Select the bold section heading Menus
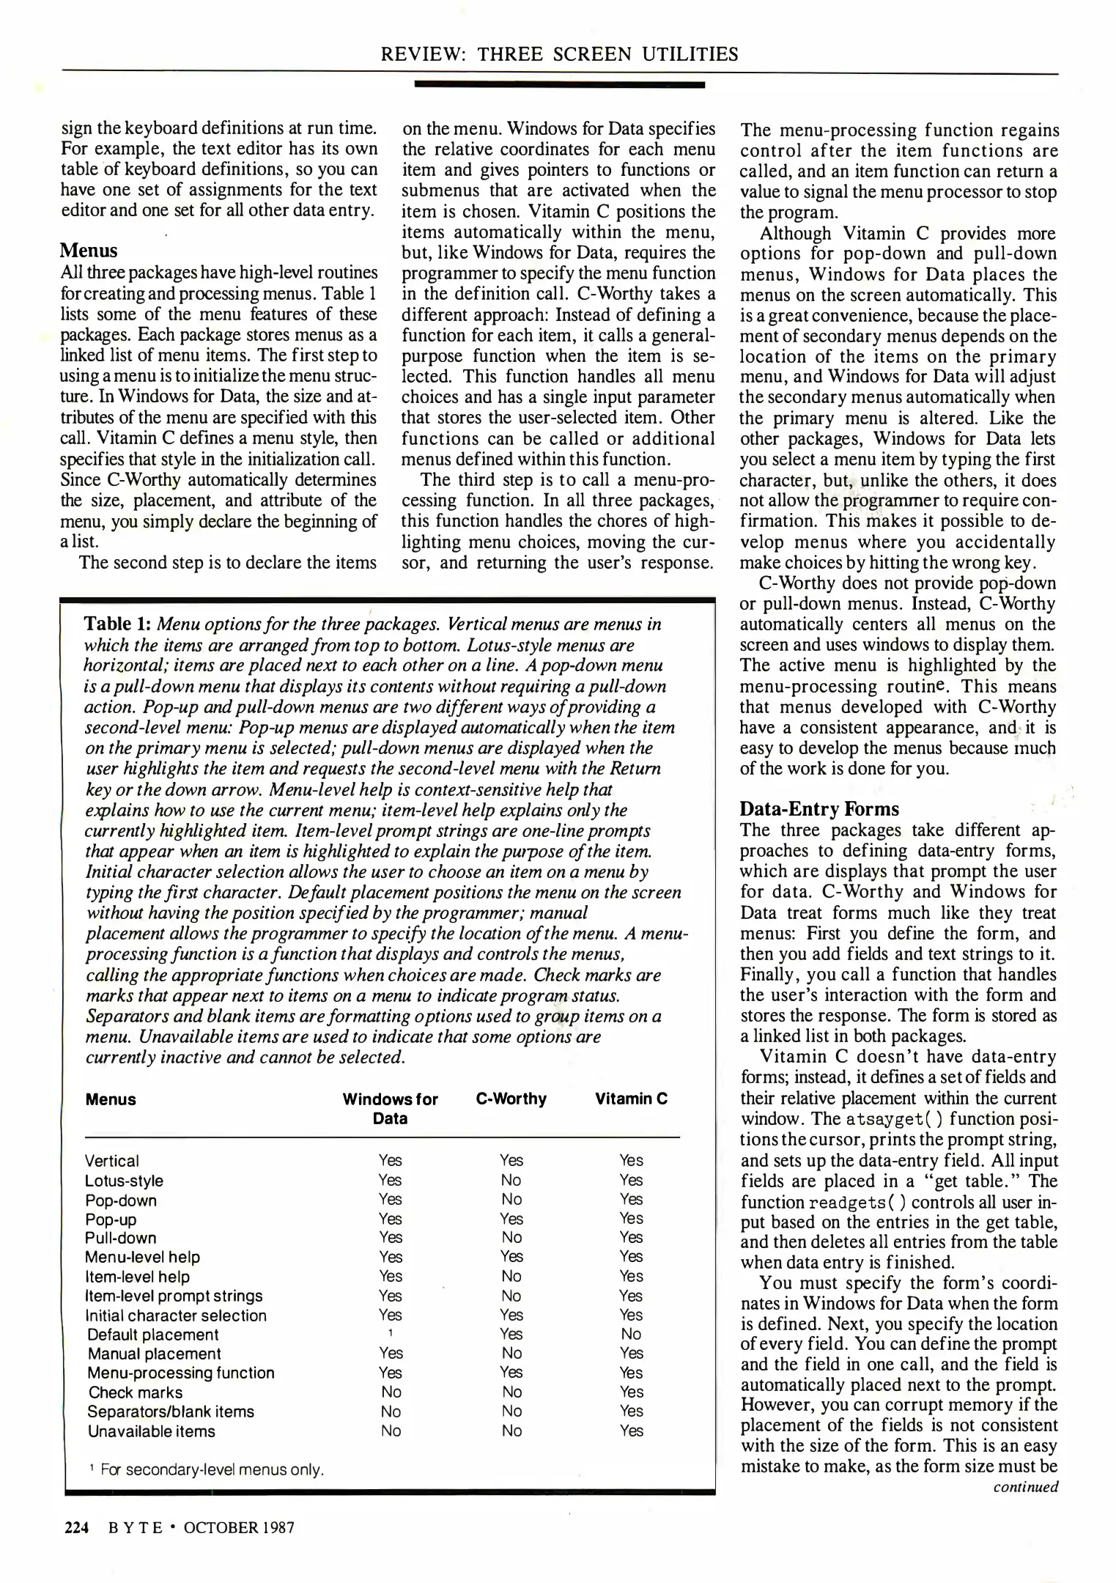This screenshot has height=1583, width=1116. [x=88, y=251]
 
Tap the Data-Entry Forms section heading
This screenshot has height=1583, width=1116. [x=818, y=809]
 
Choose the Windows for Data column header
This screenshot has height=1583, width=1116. [x=390, y=1109]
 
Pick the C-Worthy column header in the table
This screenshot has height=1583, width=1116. [x=511, y=1099]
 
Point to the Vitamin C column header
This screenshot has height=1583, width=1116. [x=631, y=1099]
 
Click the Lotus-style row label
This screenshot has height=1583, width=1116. [x=124, y=1181]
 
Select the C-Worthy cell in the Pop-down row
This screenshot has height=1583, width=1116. [x=511, y=1200]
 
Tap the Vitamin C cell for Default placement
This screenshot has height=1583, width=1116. [x=630, y=1335]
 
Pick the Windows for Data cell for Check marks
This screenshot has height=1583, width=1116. [x=391, y=1392]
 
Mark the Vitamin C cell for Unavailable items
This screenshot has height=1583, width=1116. [x=631, y=1431]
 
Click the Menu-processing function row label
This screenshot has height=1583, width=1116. [x=181, y=1373]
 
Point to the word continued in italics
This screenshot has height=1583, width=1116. [x=1025, y=1487]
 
